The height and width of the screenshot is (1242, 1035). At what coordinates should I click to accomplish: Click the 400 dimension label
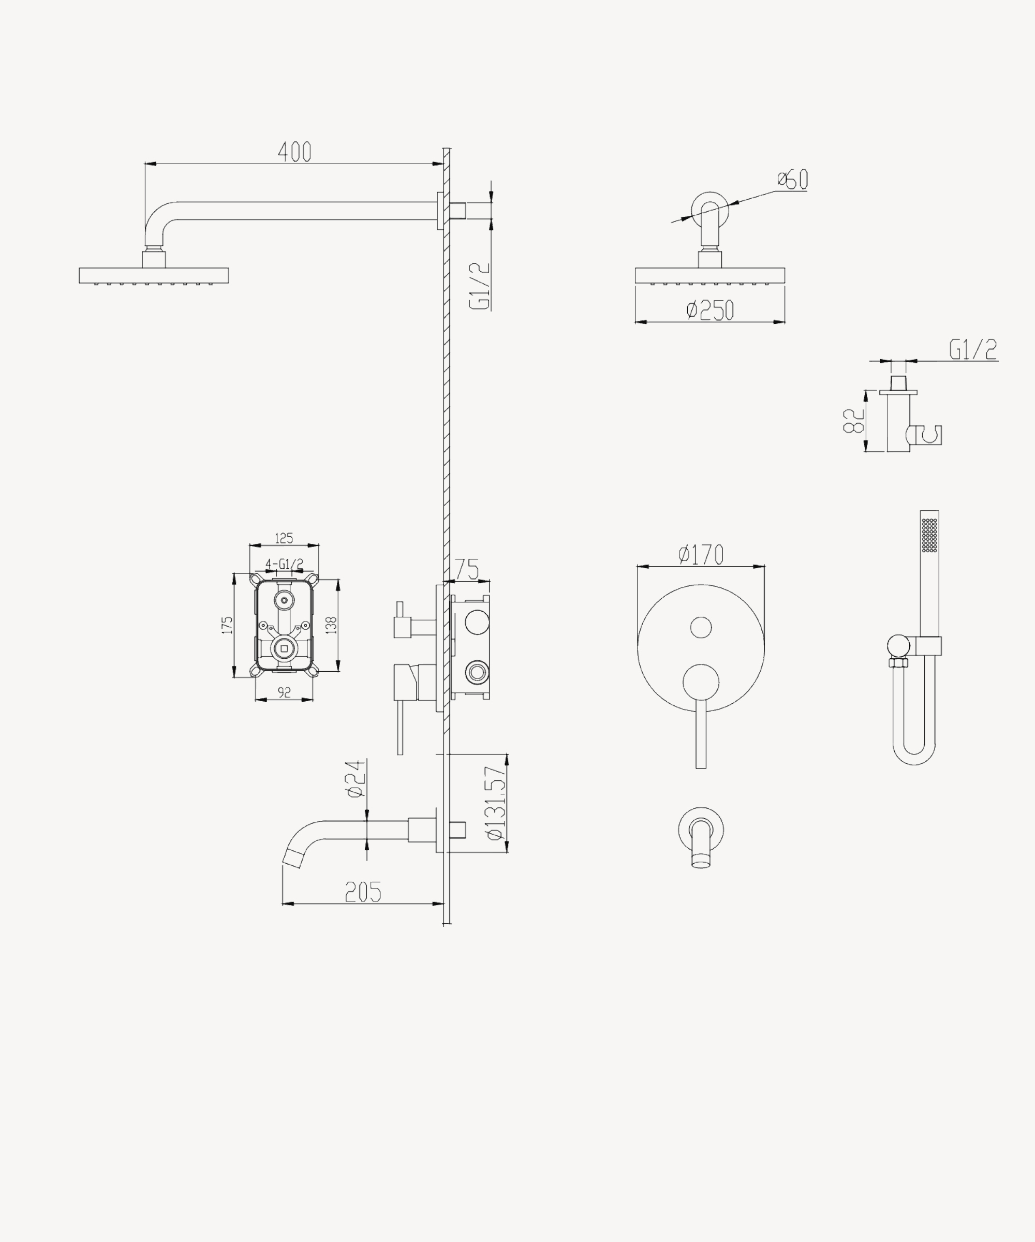click(294, 152)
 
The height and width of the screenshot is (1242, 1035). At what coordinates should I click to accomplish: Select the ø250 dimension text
click(711, 310)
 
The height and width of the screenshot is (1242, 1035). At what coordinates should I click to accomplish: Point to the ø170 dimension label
click(701, 555)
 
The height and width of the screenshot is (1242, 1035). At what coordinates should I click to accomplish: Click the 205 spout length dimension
click(363, 892)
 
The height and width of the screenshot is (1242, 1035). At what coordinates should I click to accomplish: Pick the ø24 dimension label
click(356, 779)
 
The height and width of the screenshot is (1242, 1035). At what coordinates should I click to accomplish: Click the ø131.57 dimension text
click(496, 803)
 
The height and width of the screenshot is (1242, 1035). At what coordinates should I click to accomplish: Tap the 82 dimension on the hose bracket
click(854, 421)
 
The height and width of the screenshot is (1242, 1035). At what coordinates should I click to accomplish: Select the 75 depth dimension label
click(467, 570)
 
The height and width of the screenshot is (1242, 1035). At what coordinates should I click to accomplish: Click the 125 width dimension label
click(284, 538)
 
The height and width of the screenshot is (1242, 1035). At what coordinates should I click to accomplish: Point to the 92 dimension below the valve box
click(284, 692)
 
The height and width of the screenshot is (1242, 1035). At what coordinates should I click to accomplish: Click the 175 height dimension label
click(227, 625)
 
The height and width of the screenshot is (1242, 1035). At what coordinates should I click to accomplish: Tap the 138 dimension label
click(331, 625)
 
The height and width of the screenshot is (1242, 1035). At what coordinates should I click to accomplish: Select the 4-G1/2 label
click(284, 564)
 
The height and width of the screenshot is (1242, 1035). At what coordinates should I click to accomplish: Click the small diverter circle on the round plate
click(701, 628)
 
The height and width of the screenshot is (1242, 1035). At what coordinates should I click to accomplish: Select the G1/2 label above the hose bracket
click(973, 349)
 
